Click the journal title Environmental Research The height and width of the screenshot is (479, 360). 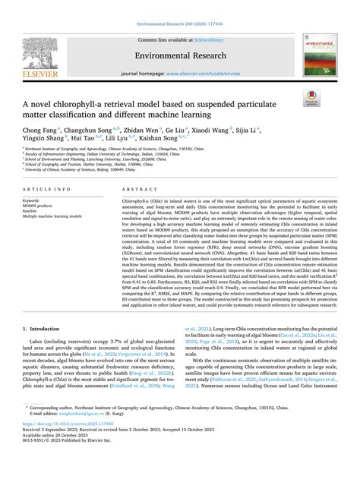click(x=179, y=55)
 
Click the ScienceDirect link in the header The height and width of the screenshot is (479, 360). click(x=208, y=39)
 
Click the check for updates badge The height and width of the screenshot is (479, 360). click(x=311, y=96)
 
